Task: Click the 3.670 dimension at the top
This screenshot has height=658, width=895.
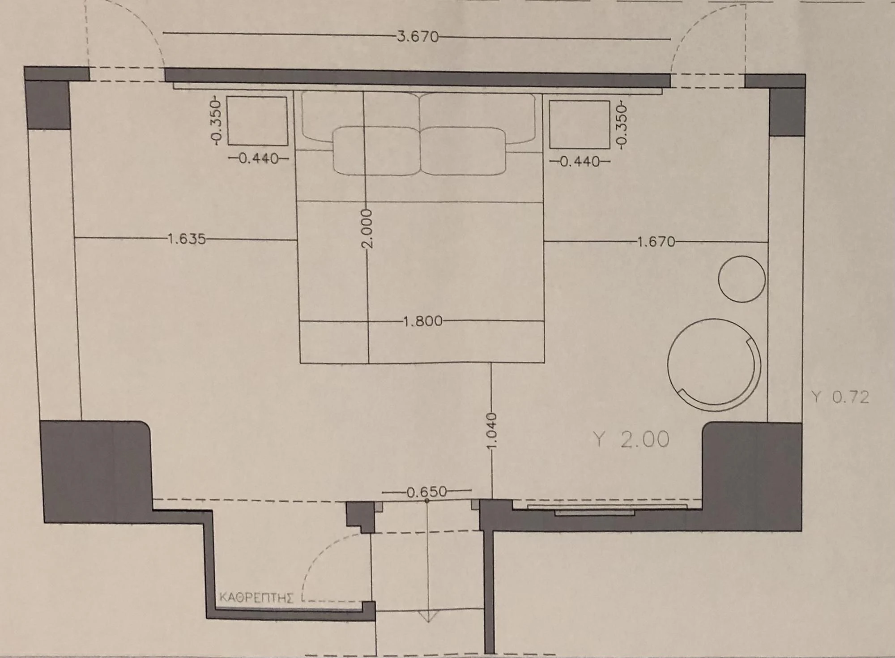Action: click(418, 37)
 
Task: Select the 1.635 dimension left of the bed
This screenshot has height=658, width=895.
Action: click(187, 239)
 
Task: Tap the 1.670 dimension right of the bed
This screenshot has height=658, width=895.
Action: click(656, 242)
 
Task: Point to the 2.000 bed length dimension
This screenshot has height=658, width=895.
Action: click(367, 228)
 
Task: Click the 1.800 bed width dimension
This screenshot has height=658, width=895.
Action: click(423, 321)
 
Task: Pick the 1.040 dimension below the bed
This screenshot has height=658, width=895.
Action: click(491, 432)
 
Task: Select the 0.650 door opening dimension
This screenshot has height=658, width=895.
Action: click(426, 492)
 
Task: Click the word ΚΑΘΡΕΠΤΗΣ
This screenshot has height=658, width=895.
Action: click(256, 598)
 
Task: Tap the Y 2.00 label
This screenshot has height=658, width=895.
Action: click(631, 439)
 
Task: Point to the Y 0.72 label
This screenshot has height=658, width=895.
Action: click(840, 397)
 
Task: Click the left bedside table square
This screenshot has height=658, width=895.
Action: click(257, 121)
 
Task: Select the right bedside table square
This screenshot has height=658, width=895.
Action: click(580, 124)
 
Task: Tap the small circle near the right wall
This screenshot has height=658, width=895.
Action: click(742, 279)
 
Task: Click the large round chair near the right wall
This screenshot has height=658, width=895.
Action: click(714, 364)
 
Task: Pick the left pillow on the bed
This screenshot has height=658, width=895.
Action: click(377, 151)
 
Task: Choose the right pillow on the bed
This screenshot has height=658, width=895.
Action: click(463, 151)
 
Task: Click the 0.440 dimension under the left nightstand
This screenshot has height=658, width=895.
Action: click(259, 158)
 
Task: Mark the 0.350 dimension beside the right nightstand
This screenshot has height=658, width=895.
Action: click(621, 124)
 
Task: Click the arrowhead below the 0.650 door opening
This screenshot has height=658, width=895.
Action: click(428, 617)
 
